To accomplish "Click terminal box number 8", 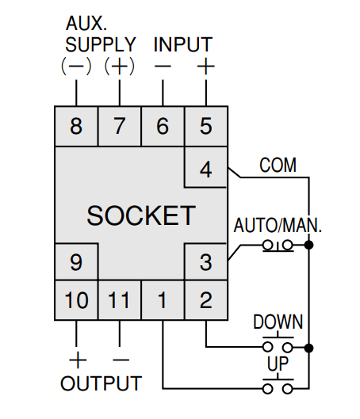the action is tap(76, 126).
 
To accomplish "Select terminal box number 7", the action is tap(120, 126).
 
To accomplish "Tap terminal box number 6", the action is tap(163, 126).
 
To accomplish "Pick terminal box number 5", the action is tap(206, 126).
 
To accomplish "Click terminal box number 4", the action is tap(206, 167).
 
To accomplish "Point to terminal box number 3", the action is tap(206, 262).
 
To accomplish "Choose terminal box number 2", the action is tap(206, 300).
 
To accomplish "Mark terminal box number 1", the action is tap(163, 300).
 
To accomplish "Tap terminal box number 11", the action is tap(120, 300).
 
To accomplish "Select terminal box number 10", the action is tap(76, 300).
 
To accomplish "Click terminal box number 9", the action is tap(76, 262).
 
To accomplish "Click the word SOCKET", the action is tap(141, 215).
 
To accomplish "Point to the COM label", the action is tap(278, 165).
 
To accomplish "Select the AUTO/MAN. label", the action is tap(278, 225).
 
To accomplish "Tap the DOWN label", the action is tap(278, 322).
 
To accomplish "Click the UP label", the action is tap(278, 364).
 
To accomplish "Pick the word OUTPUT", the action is tap(101, 383).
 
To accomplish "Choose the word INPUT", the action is tap(183, 44).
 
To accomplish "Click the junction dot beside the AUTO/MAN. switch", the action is tap(309, 245).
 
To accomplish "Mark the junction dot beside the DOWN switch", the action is tap(309, 348).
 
